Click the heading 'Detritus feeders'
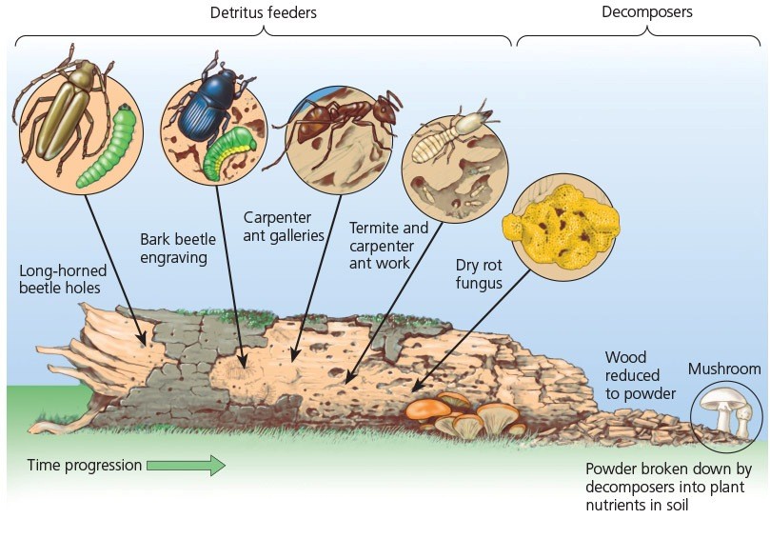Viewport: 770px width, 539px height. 264,13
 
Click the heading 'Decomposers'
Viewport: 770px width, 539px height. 646,12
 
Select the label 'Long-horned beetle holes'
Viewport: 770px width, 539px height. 62,279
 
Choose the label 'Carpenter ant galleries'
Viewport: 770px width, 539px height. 284,226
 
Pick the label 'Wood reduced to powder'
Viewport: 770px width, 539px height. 640,375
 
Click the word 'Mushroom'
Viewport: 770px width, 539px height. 724,369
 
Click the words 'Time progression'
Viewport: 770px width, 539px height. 84,466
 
